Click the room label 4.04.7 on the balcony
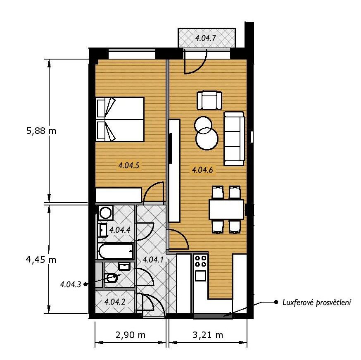[206, 38]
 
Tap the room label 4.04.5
[129, 165]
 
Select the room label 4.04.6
[202, 170]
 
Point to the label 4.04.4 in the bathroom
[120, 230]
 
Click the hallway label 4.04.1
[153, 260]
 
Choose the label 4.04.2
[115, 301]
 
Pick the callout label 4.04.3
[71, 284]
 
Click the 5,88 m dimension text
[41, 131]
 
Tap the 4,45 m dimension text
[41, 260]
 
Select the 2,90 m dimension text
[131, 335]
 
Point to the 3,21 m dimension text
[208, 335]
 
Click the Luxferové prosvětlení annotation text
[317, 303]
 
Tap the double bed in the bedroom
[120, 119]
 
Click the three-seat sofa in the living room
[234, 138]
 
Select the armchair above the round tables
[209, 100]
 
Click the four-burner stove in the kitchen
[200, 261]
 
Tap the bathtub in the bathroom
[116, 251]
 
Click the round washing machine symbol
[105, 212]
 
